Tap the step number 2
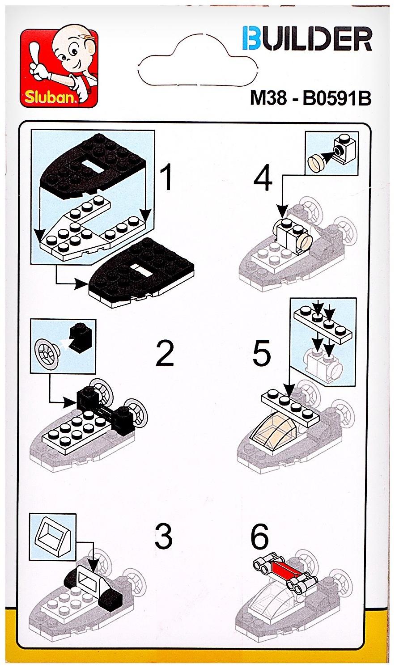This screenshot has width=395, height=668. click(165, 354)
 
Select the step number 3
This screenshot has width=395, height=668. click(164, 537)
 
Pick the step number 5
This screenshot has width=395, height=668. click(262, 353)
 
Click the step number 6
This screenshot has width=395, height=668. click(259, 537)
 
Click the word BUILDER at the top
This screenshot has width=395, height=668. click(307, 39)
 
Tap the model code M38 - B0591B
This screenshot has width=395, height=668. click(310, 98)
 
